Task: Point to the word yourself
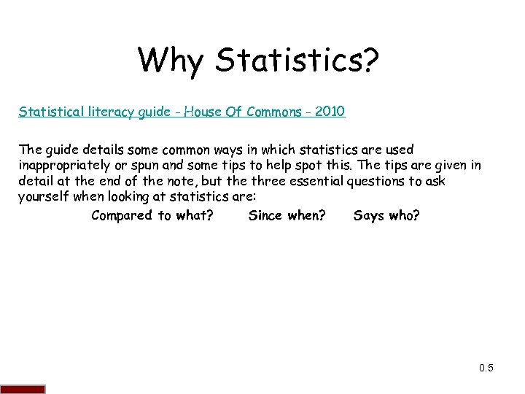(43, 198)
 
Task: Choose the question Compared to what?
(152, 215)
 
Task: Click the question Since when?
(287, 215)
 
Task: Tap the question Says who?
(386, 215)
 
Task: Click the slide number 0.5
(486, 368)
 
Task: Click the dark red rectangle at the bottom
(23, 389)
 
